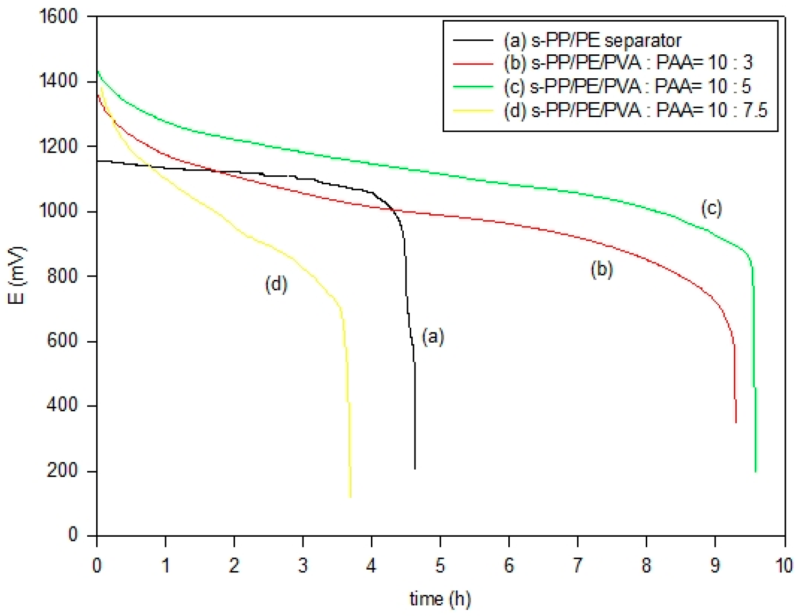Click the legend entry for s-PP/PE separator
click(x=592, y=41)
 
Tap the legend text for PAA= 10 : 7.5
click(x=635, y=110)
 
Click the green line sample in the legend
click(x=473, y=87)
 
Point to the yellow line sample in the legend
click(x=473, y=111)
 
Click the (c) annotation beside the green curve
click(x=711, y=208)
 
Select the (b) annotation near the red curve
click(x=602, y=270)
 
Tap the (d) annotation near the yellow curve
click(x=276, y=284)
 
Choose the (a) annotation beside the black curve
click(x=433, y=337)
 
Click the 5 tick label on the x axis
click(x=440, y=566)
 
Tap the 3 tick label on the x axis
click(x=303, y=566)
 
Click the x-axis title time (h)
click(x=440, y=599)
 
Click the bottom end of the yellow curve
click(x=350, y=496)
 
